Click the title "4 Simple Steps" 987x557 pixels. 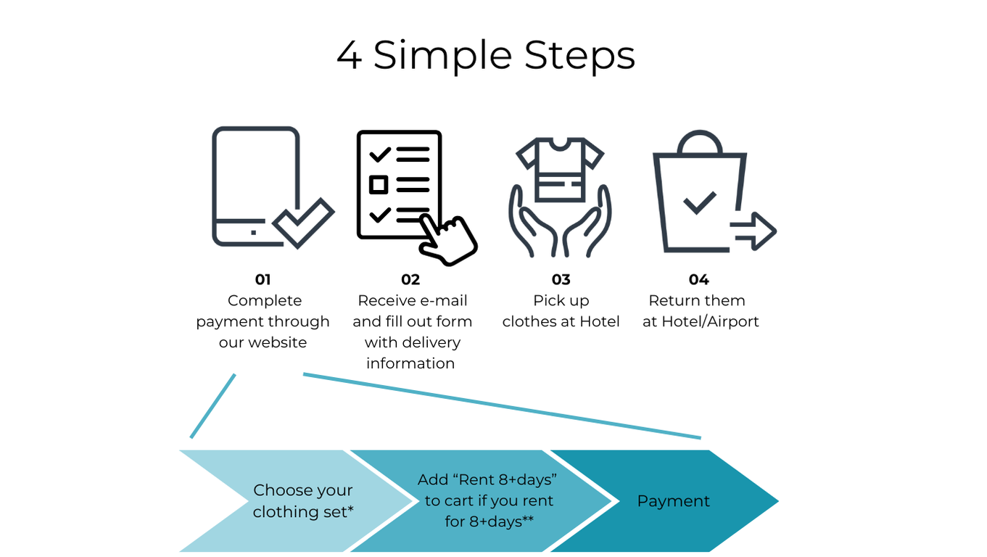pyautogui.click(x=486, y=55)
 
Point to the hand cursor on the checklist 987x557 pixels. pyautogui.click(x=448, y=240)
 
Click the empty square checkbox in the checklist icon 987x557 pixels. pyautogui.click(x=378, y=185)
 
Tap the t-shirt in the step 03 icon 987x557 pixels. pyautogui.click(x=559, y=170)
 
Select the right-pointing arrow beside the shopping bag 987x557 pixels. pyautogui.click(x=754, y=231)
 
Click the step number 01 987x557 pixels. pyautogui.click(x=263, y=280)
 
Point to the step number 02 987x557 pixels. pyautogui.click(x=410, y=280)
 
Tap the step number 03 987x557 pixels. pyautogui.click(x=561, y=280)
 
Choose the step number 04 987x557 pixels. pyautogui.click(x=698, y=280)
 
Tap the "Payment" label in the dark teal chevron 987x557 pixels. pyautogui.click(x=673, y=501)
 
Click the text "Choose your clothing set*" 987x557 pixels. pyautogui.click(x=303, y=501)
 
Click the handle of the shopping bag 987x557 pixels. pyautogui.click(x=700, y=141)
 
